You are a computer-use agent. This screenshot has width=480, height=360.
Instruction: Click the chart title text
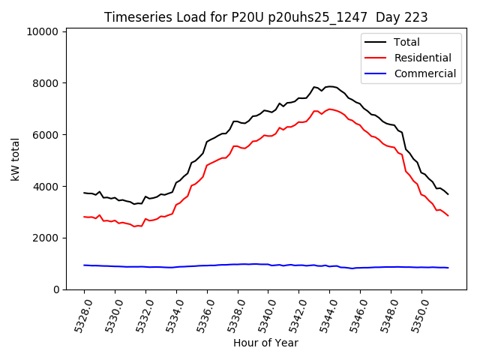pos(261,17)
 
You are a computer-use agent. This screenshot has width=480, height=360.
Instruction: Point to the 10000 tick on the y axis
pos(43,31)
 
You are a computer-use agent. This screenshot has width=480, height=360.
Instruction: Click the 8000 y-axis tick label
pos(46,83)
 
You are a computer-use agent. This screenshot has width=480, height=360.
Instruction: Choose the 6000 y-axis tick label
pos(46,135)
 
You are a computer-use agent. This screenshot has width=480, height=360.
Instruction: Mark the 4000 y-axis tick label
pos(46,187)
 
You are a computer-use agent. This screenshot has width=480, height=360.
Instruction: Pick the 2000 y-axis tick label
pos(46,238)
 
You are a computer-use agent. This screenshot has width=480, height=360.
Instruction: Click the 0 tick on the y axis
pos(55,289)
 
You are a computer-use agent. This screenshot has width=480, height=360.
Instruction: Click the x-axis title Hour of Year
pos(265,343)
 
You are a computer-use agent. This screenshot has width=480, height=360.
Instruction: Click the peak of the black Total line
pos(330,86)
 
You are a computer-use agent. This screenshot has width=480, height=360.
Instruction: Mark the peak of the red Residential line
pos(330,109)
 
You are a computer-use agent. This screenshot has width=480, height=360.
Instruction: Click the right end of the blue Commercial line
pos(448,268)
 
